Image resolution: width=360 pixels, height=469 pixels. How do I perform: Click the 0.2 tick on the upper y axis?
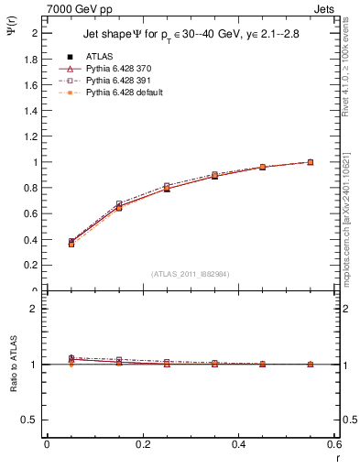pos(32,266)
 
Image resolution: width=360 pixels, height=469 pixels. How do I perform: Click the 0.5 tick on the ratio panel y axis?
pos(32,420)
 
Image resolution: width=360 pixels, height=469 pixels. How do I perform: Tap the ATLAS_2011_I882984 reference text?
pos(191,274)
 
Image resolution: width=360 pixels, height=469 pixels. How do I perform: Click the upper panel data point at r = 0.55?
pos(311,162)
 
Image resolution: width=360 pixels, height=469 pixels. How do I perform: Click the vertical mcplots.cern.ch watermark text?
pos(349,211)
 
